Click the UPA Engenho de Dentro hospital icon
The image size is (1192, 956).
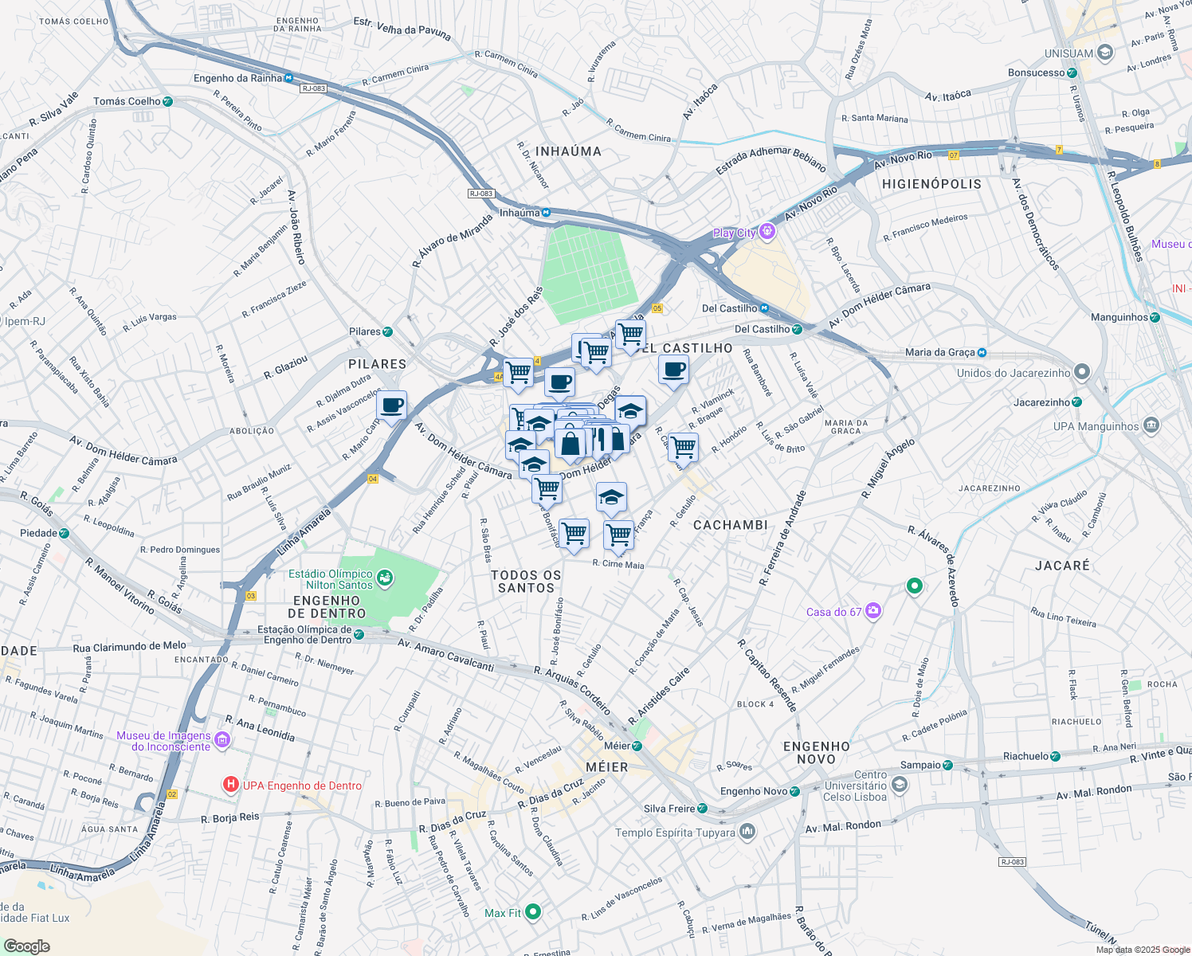click(x=230, y=785)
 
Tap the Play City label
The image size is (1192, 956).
click(x=734, y=233)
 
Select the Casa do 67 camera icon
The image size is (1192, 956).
click(x=873, y=611)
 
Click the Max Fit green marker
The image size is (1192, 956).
click(x=533, y=911)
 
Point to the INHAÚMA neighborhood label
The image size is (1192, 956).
click(x=568, y=151)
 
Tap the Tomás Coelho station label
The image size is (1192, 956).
click(x=127, y=101)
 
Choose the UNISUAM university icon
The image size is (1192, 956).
click(x=1104, y=53)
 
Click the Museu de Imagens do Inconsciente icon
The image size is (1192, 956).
click(x=222, y=741)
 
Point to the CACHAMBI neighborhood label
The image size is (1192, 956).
click(x=731, y=525)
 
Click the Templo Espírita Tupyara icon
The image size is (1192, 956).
click(x=747, y=832)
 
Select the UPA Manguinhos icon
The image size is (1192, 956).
click(x=1151, y=425)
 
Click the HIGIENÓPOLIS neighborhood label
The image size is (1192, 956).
click(x=931, y=184)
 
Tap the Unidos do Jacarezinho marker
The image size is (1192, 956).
click(x=1081, y=372)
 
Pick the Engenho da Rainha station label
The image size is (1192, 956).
click(x=237, y=78)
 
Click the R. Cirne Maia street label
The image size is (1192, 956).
click(x=618, y=564)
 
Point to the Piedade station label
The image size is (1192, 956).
click(x=38, y=533)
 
